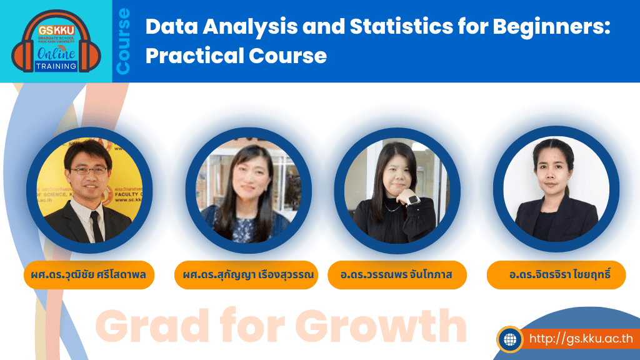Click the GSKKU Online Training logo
[x=56, y=41]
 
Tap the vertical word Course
[x=124, y=41]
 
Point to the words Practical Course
[x=236, y=56]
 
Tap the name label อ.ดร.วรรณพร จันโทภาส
[x=397, y=275]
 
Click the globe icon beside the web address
[x=510, y=339]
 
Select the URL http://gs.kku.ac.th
[x=581, y=339]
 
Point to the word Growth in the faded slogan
[x=381, y=326]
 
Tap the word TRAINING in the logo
[x=56, y=66]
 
